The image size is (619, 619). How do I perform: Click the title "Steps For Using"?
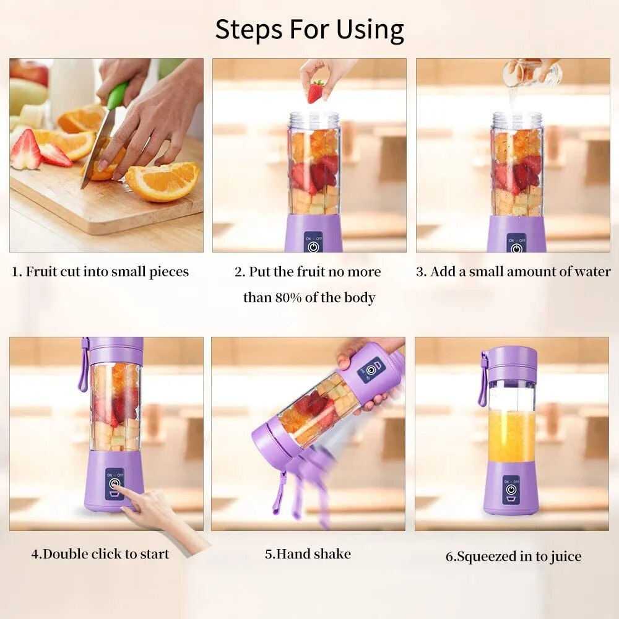tap(309, 29)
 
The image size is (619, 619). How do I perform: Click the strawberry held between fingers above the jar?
tap(316, 92)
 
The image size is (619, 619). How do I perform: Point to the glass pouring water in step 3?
tap(531, 73)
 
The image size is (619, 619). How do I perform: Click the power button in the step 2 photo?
tap(314, 246)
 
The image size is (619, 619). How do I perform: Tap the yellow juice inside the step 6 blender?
tap(511, 436)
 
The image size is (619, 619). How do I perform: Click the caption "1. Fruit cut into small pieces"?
tap(100, 272)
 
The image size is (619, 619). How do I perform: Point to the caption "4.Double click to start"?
tap(100, 553)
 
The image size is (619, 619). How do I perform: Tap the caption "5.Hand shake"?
tap(308, 553)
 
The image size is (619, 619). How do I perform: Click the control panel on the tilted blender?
tap(371, 370)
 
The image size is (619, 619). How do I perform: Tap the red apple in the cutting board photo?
tap(29, 71)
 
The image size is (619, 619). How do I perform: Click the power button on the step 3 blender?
tap(516, 246)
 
